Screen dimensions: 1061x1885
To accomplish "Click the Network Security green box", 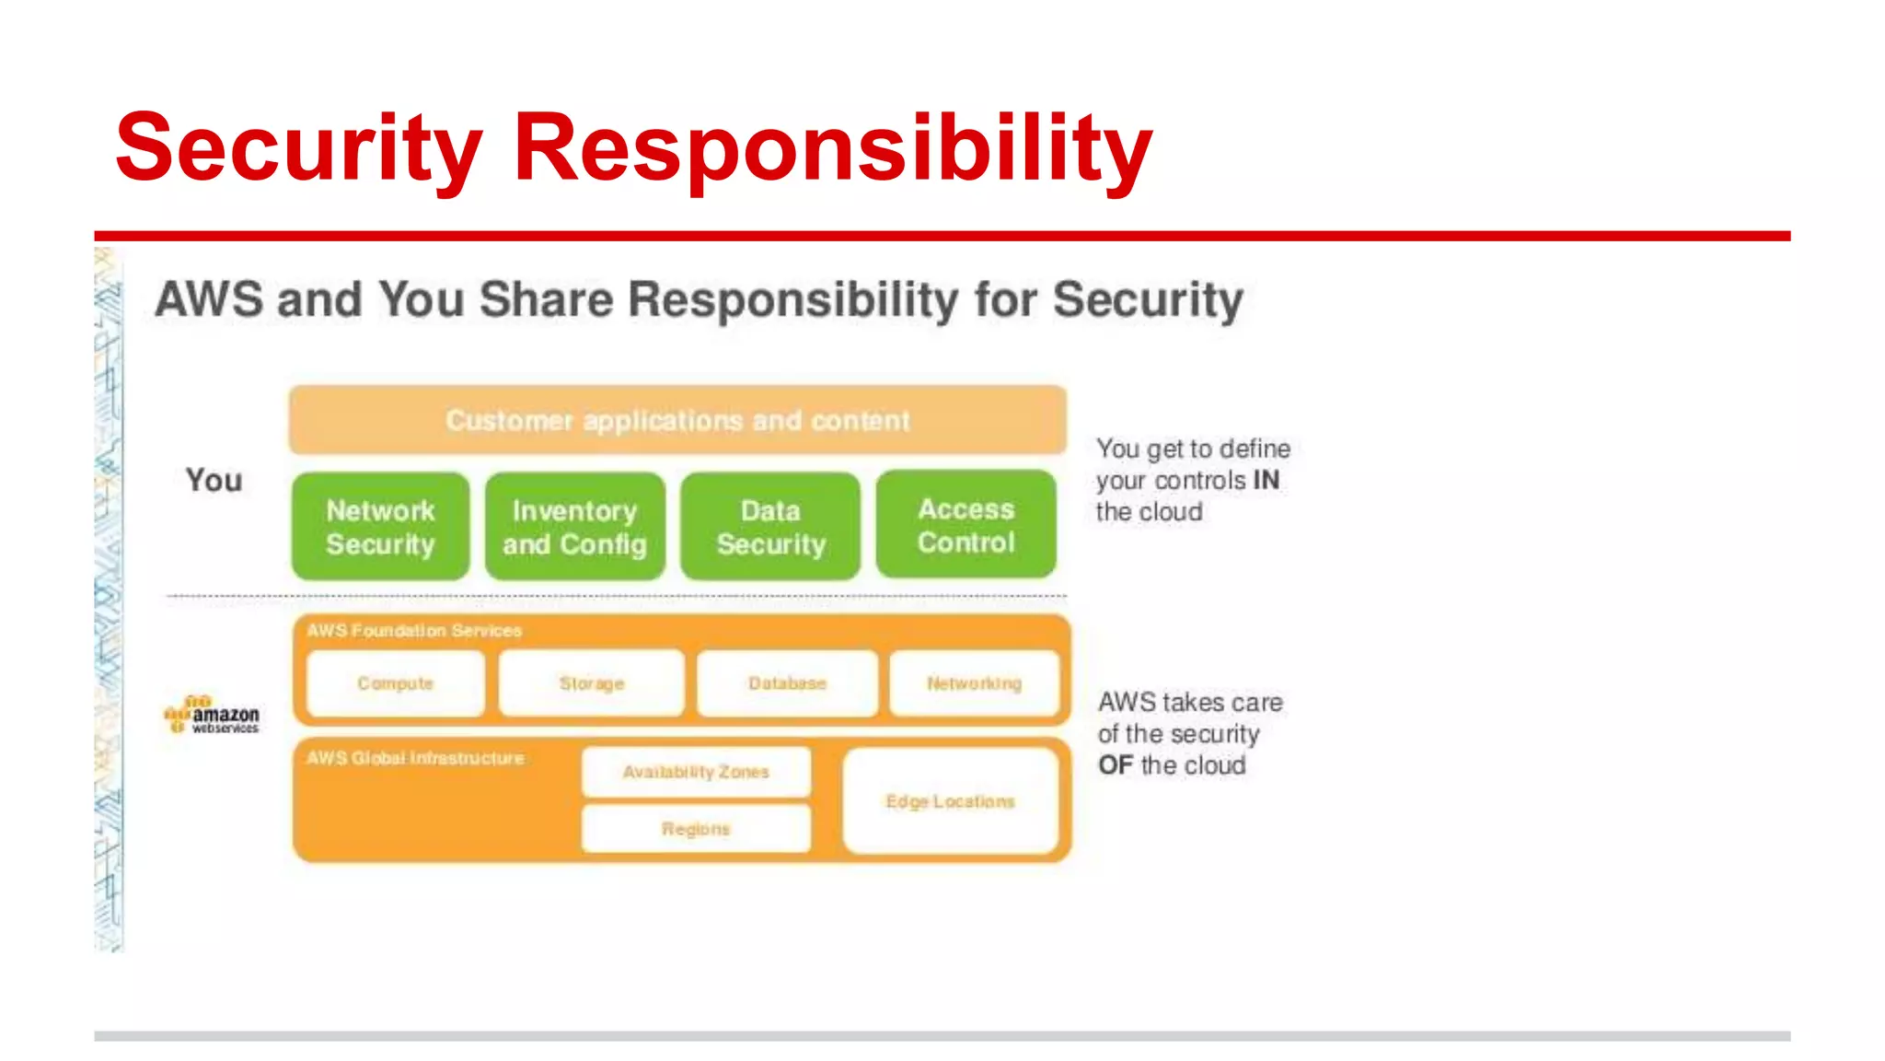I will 380,527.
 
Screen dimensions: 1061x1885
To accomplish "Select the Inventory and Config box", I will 574,527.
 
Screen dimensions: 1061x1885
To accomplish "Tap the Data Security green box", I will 770,527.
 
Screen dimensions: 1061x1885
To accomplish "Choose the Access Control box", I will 966,525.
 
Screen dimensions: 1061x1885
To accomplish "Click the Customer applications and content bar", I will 677,420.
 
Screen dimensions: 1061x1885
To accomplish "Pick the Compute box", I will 395,683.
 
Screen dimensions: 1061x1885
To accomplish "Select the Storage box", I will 591,683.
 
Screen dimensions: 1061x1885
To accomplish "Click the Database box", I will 787,683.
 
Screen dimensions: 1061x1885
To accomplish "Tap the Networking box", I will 974,683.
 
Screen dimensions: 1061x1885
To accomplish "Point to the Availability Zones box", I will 696,772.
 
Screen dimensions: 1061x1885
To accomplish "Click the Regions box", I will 696,829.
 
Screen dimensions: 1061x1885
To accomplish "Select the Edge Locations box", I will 950,801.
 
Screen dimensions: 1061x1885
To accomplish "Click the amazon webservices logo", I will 212,716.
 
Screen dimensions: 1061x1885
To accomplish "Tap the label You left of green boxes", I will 214,480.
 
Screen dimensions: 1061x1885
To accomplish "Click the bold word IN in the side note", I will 1266,480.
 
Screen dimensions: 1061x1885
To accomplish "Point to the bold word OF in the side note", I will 1116,765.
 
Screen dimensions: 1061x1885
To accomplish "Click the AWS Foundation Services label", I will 414,631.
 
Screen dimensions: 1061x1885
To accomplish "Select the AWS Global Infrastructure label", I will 415,758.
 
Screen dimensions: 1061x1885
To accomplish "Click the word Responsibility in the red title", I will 832,147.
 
